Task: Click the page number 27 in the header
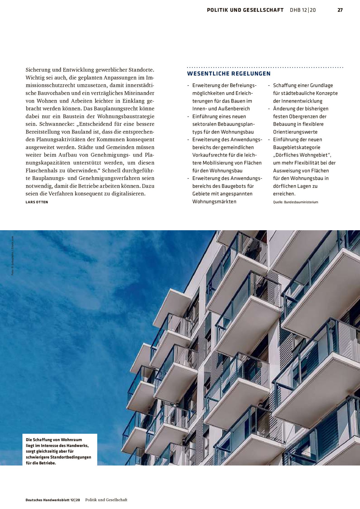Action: click(340, 10)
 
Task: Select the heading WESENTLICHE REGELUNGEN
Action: click(229, 74)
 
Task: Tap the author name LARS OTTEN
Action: click(37, 202)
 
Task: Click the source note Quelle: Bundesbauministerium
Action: click(295, 202)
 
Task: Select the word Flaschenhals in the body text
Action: click(41, 170)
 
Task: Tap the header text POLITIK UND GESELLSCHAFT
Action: click(245, 10)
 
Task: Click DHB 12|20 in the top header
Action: click(303, 10)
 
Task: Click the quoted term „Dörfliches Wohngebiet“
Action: click(302, 155)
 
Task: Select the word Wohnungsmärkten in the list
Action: click(214, 201)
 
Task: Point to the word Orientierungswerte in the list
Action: click(295, 132)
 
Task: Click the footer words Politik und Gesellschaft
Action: click(106, 500)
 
